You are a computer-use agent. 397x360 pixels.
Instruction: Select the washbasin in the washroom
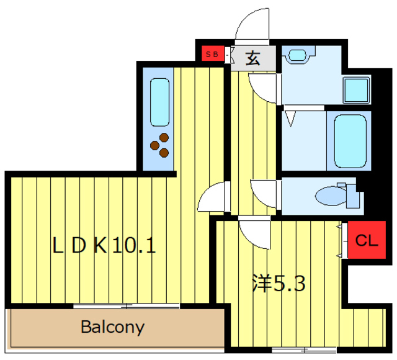tap(298, 55)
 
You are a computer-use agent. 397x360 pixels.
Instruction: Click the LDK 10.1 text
tap(104, 246)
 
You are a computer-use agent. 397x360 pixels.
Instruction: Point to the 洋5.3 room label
tap(279, 284)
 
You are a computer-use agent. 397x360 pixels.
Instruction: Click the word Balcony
tap(113, 327)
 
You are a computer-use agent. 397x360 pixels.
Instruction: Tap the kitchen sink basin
tap(160, 102)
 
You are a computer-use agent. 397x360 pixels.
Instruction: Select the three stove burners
tap(161, 145)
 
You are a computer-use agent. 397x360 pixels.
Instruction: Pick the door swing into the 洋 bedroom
tap(254, 233)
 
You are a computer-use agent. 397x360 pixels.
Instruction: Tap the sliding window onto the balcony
tap(127, 306)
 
